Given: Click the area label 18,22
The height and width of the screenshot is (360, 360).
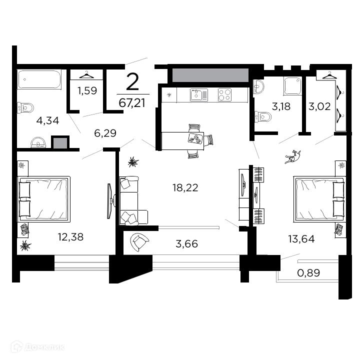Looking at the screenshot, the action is (185, 188).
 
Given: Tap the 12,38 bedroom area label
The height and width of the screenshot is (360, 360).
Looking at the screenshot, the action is (70, 237).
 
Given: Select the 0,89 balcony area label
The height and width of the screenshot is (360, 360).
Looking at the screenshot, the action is (308, 273).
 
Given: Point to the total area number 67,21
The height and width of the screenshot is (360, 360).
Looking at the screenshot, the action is (132, 102).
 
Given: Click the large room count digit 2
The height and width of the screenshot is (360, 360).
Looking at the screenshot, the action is (132, 81).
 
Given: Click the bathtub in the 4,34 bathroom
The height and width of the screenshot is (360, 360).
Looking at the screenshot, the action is (39, 79).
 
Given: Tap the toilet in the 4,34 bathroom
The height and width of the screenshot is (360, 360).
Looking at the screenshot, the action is (25, 107).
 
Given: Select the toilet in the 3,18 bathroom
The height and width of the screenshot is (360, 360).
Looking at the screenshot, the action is (263, 116).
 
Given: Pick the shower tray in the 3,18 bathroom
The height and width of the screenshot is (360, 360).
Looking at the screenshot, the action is (292, 86).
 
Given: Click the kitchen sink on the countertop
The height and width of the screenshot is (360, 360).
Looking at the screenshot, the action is (199, 95).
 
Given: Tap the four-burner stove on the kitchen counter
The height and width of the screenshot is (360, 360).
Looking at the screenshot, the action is (225, 95).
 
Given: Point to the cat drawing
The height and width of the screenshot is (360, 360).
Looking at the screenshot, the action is (292, 157).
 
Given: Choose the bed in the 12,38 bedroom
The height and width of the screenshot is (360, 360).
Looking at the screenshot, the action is (43, 198).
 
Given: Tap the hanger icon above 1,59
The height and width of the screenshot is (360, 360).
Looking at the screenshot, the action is (86, 74).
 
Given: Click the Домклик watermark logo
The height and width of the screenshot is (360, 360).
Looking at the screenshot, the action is (37, 346).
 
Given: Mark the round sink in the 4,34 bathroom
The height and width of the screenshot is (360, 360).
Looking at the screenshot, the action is (38, 142).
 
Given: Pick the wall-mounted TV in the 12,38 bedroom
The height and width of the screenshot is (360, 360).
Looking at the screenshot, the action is (110, 201).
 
